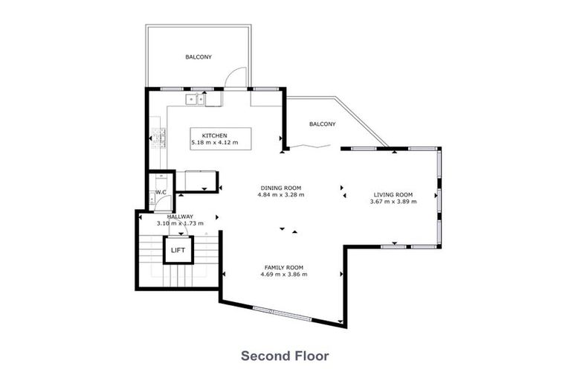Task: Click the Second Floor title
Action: tap(285, 356)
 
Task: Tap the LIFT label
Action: tap(178, 250)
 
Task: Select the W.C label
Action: tap(160, 192)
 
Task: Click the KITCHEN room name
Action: tap(204, 135)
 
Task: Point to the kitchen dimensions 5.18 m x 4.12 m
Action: tap(215, 142)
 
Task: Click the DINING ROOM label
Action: tap(280, 188)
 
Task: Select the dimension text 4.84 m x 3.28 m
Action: tap(280, 195)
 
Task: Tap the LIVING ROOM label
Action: tap(393, 194)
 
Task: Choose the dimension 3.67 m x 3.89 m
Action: tap(394, 201)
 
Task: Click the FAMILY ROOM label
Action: tap(284, 267)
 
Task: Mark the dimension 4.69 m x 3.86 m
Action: tap(284, 275)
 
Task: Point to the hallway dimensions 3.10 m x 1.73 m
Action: tap(179, 223)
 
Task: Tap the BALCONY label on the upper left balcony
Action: tap(197, 57)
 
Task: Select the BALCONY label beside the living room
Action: tap(322, 124)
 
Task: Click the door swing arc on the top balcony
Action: tap(236, 77)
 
